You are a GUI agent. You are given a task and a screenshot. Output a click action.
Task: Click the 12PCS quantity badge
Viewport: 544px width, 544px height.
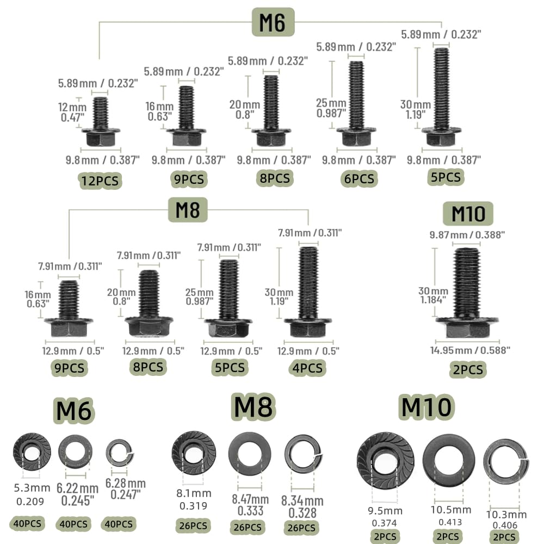[x=100, y=181]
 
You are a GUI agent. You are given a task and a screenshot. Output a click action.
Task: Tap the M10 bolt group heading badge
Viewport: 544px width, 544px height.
[x=468, y=213]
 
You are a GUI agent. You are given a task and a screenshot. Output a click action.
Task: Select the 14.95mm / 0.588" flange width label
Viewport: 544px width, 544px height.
[x=470, y=350]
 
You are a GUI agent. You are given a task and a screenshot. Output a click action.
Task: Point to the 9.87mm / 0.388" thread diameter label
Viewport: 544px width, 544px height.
[x=467, y=235]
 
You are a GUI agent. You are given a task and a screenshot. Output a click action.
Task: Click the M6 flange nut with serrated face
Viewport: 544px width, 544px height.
[x=32, y=452]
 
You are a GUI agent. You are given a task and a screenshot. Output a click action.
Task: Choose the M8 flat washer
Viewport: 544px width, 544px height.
[x=250, y=454]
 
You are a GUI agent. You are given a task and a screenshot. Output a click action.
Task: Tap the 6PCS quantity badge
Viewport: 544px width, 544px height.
[x=359, y=178]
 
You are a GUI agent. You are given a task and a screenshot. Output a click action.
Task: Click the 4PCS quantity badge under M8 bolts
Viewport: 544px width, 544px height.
[x=307, y=368]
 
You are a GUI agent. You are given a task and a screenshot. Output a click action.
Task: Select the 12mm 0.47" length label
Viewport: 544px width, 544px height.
[x=72, y=112]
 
